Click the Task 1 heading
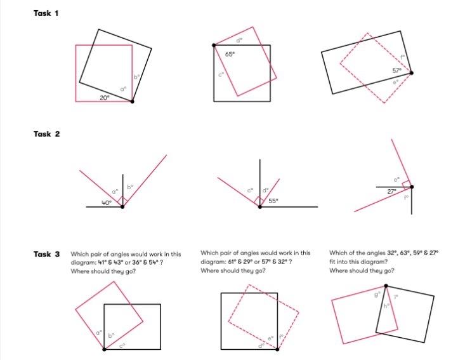(x=46, y=13)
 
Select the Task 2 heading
(x=46, y=134)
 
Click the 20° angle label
(x=104, y=97)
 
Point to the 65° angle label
(x=230, y=55)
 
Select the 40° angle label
(x=106, y=203)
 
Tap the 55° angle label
(x=273, y=201)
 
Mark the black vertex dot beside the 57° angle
(x=412, y=73)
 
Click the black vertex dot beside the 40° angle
(x=122, y=207)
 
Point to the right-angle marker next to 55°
(x=259, y=201)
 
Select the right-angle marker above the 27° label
(x=406, y=182)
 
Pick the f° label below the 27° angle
(x=406, y=197)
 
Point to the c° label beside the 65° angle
(x=221, y=74)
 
